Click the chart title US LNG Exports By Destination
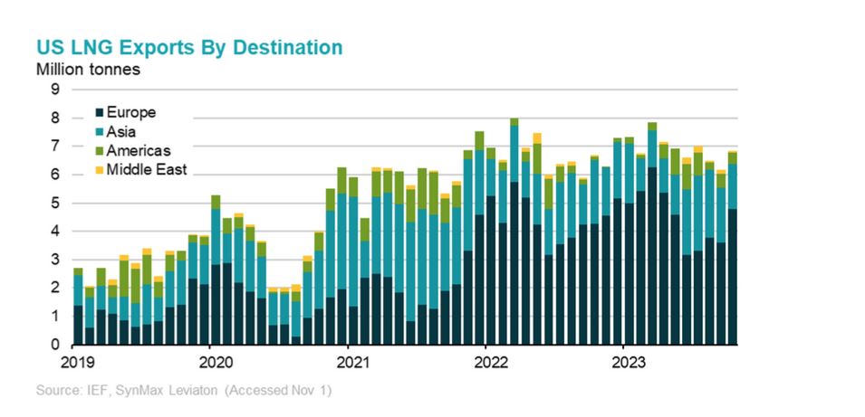(x=188, y=47)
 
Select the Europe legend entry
(x=131, y=113)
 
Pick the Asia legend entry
(x=124, y=133)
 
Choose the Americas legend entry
(x=138, y=151)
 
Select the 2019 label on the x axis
(x=73, y=361)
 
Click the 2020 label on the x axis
(x=210, y=361)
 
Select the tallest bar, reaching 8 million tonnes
(x=514, y=232)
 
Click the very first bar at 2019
(x=78, y=307)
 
